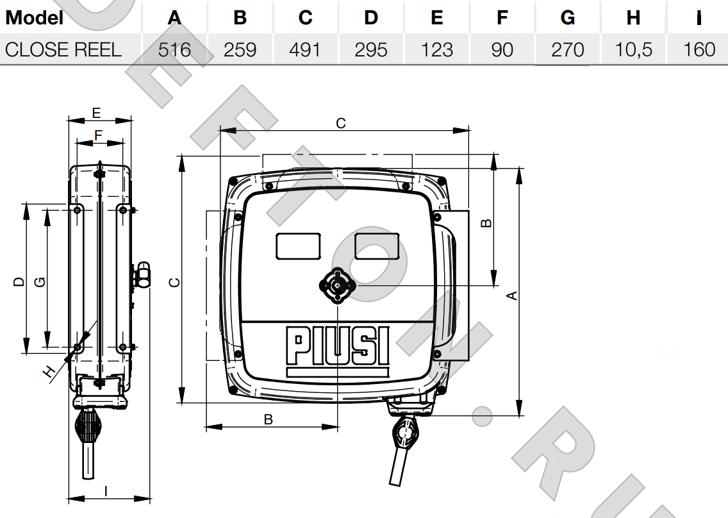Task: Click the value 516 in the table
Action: tap(174, 50)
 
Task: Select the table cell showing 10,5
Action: tap(633, 50)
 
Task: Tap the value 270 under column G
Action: tap(567, 50)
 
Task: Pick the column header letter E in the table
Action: tap(436, 18)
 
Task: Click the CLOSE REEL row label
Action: tap(63, 50)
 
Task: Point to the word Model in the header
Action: tap(35, 18)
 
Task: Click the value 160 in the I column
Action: tap(699, 50)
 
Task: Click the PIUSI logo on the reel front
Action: tap(338, 346)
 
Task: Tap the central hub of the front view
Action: tap(338, 286)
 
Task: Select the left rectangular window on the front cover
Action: tap(298, 246)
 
